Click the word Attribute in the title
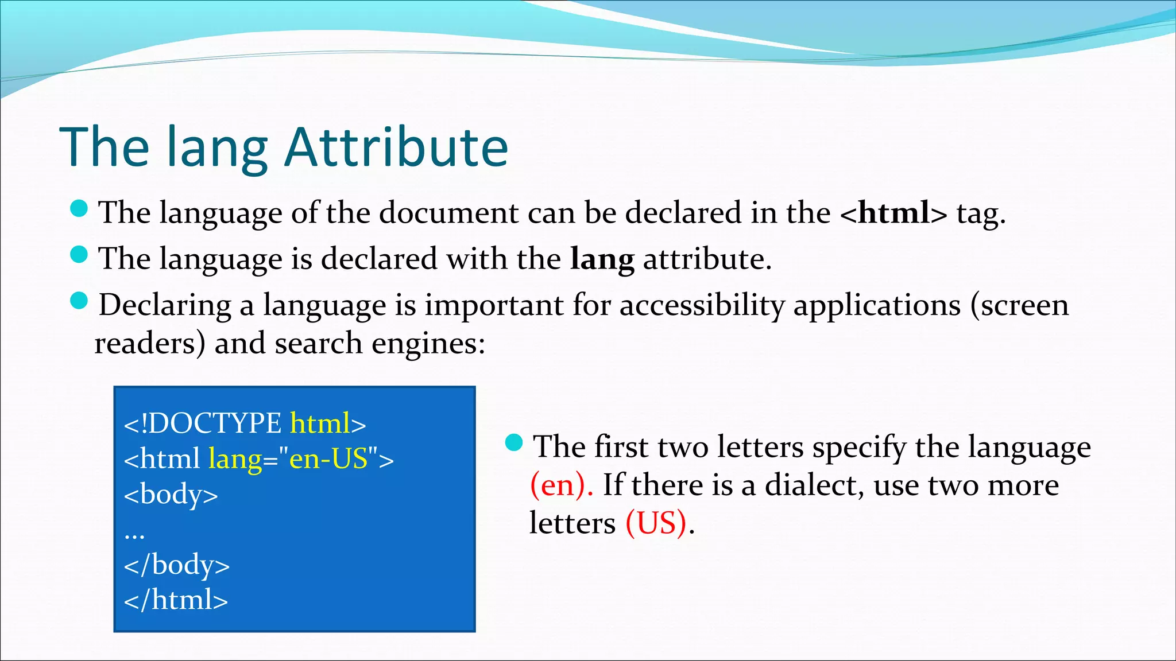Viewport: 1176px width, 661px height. pyautogui.click(x=396, y=147)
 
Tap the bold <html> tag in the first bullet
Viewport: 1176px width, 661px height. pyautogui.click(x=893, y=213)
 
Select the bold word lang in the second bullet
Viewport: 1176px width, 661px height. pyautogui.click(x=602, y=259)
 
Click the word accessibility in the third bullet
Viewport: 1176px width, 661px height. pyautogui.click(x=702, y=305)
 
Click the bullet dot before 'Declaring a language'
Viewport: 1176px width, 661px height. pyautogui.click(x=79, y=300)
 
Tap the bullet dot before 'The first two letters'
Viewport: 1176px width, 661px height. pyautogui.click(x=514, y=442)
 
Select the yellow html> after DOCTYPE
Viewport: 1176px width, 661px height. pyautogui.click(x=328, y=423)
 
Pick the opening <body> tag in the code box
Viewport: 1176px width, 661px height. pyautogui.click(x=171, y=494)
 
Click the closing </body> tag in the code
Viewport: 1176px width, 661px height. pyautogui.click(x=176, y=565)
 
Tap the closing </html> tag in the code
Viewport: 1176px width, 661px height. pyautogui.click(x=176, y=600)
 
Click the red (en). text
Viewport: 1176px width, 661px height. pyautogui.click(x=560, y=485)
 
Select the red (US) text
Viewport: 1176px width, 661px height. pyautogui.click(x=656, y=523)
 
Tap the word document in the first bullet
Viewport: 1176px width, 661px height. pyautogui.click(x=448, y=213)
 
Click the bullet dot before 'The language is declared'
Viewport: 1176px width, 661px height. pyautogui.click(x=79, y=254)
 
